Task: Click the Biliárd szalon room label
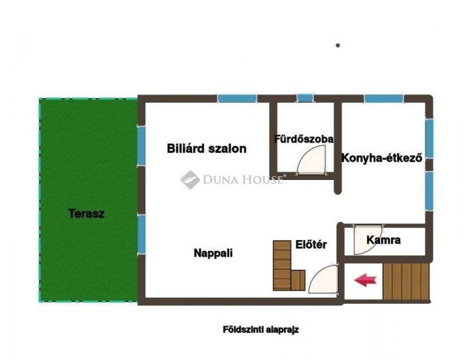(x=206, y=148)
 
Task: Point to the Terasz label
(x=86, y=213)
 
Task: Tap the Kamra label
(x=384, y=241)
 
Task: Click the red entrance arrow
(x=365, y=280)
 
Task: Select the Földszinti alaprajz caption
(x=261, y=328)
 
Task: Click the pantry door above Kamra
(x=366, y=232)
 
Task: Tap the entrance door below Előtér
(x=321, y=283)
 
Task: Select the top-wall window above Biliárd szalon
(x=236, y=97)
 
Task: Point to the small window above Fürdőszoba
(x=304, y=97)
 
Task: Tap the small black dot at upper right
(x=338, y=45)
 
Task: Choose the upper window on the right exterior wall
(x=429, y=139)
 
